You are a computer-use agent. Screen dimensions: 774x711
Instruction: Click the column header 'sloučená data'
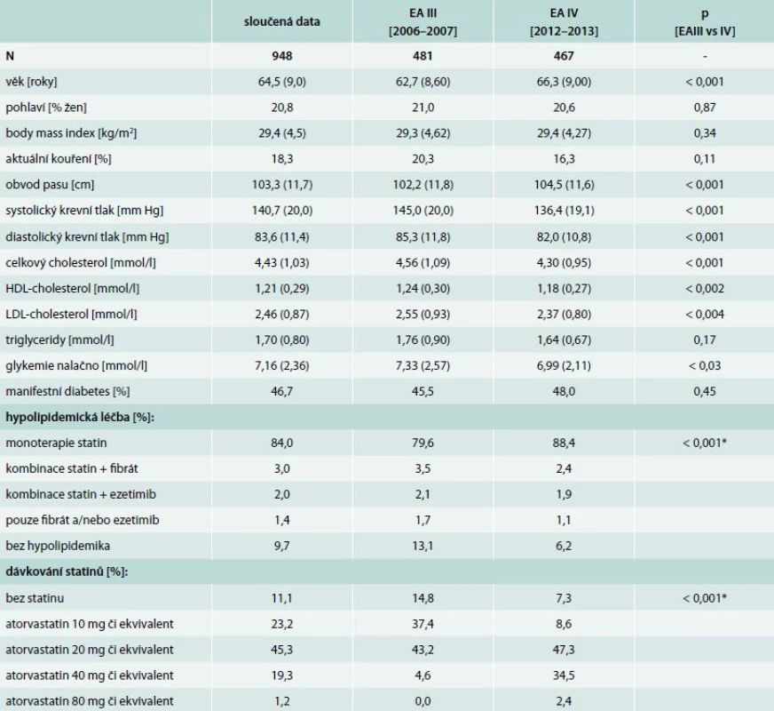(282, 21)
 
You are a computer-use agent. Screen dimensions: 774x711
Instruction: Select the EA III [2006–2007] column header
(423, 21)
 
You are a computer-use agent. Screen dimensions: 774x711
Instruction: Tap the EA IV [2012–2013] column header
(564, 21)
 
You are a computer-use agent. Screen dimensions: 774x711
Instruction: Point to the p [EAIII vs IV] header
(705, 21)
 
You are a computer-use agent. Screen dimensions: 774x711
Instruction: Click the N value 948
(282, 56)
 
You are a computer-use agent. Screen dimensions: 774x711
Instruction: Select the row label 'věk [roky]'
(32, 82)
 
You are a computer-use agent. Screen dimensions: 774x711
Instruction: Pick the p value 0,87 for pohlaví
(705, 108)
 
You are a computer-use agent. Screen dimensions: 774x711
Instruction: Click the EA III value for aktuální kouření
(423, 158)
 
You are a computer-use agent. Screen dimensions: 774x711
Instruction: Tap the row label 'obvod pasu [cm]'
(50, 185)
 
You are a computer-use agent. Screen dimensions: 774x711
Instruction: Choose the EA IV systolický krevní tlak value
(564, 211)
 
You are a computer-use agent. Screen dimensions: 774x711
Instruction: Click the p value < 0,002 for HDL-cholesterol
(705, 288)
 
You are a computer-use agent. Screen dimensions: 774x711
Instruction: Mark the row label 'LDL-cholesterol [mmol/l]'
(71, 314)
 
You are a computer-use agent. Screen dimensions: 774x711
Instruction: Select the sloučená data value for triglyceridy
(282, 340)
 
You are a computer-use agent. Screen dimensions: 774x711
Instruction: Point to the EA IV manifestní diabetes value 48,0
(564, 391)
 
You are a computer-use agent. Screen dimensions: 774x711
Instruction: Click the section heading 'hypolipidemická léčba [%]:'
(80, 417)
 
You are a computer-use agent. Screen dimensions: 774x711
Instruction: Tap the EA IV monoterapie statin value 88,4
(564, 443)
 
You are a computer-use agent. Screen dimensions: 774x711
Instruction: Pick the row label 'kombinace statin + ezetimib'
(81, 494)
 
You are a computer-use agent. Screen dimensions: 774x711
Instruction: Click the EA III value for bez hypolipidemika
(423, 546)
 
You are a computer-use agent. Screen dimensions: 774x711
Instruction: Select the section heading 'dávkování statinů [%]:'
(67, 571)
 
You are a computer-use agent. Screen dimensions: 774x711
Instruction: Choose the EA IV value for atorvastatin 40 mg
(564, 675)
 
